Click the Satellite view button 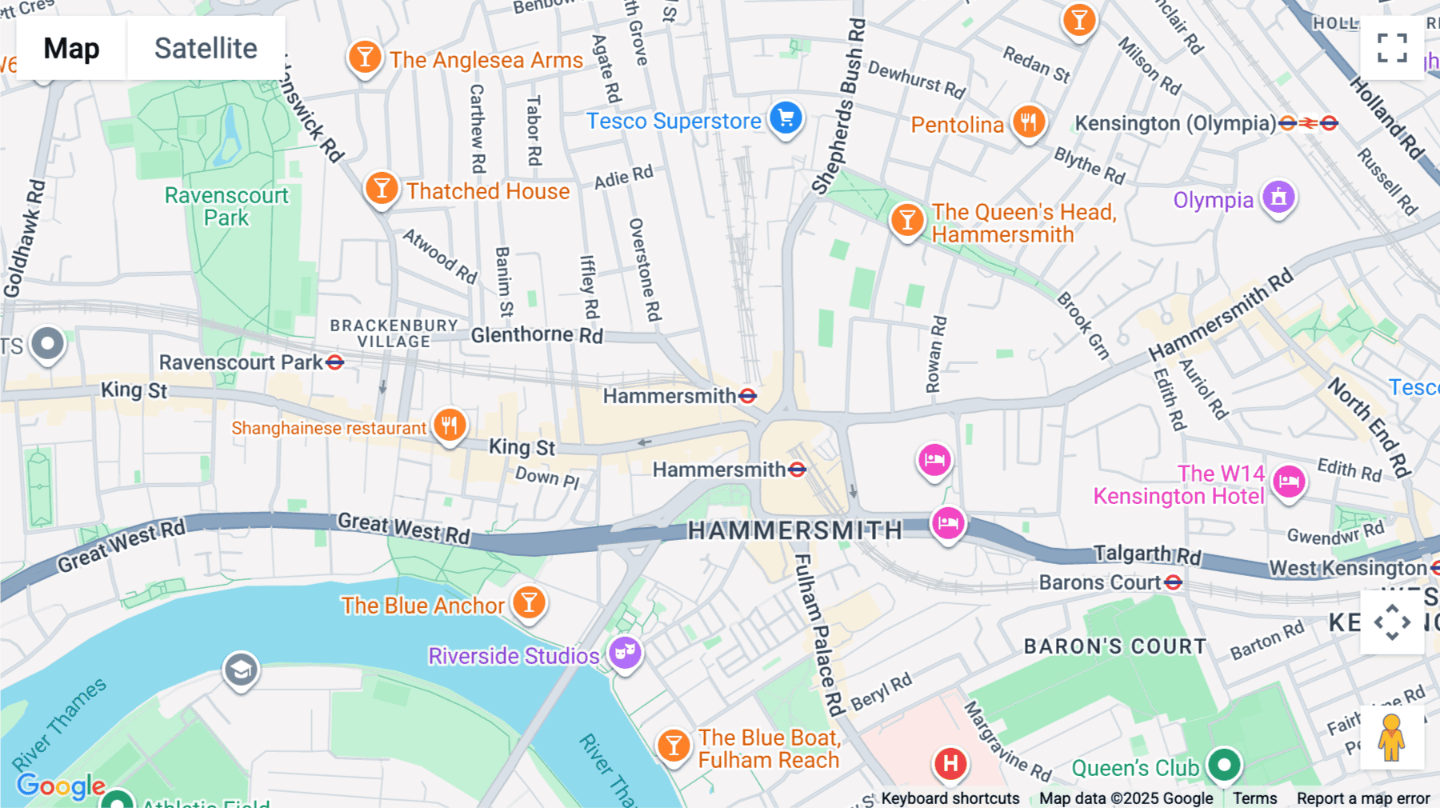pyautogui.click(x=206, y=48)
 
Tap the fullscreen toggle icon pyautogui.click(x=1392, y=48)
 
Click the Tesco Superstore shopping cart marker pyautogui.click(x=786, y=119)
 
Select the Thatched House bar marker pyautogui.click(x=382, y=190)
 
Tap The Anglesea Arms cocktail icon pyautogui.click(x=365, y=58)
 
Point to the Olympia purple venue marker pyautogui.click(x=1278, y=198)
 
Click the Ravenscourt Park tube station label pyautogui.click(x=241, y=362)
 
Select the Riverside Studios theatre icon pyautogui.click(x=625, y=654)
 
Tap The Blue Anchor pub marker pyautogui.click(x=529, y=603)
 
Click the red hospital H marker pyautogui.click(x=950, y=763)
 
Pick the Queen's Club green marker pyautogui.click(x=1223, y=765)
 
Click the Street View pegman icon pyautogui.click(x=1391, y=738)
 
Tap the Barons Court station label pyautogui.click(x=1100, y=582)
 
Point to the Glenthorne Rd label pyautogui.click(x=536, y=334)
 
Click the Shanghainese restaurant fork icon pyautogui.click(x=450, y=426)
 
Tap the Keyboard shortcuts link pyautogui.click(x=950, y=798)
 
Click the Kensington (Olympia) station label pyautogui.click(x=1174, y=123)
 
